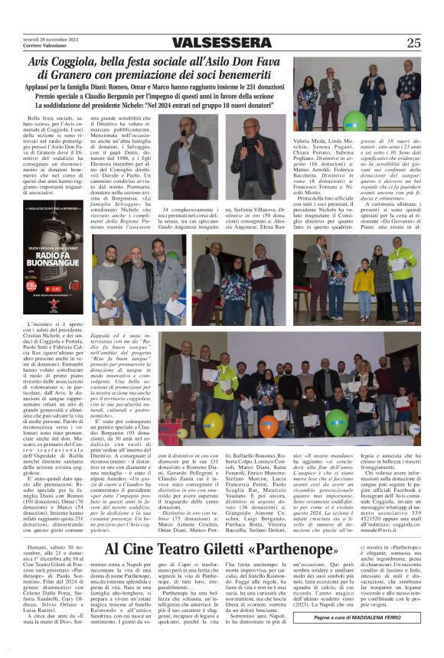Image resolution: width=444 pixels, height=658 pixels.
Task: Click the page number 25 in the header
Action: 413,43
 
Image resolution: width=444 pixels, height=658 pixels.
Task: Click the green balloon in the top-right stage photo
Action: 354,121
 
